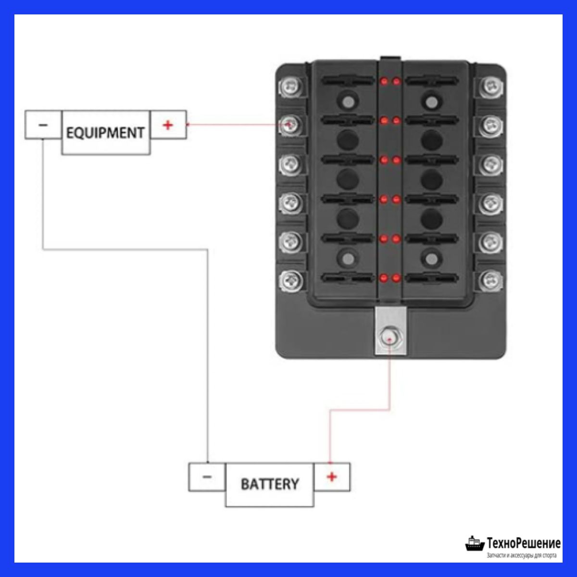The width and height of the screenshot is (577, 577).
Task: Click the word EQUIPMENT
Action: [x=105, y=132]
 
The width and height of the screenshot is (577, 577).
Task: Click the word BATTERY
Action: [x=269, y=484]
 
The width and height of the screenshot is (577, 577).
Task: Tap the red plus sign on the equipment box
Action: [x=168, y=125]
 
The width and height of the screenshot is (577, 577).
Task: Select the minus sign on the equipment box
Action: [x=43, y=125]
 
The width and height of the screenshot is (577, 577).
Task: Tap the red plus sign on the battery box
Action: [x=332, y=477]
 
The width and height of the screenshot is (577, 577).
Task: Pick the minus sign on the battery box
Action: [x=207, y=477]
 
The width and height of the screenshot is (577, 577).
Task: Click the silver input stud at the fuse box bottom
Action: [x=390, y=338]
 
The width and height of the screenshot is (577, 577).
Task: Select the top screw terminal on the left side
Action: [x=290, y=87]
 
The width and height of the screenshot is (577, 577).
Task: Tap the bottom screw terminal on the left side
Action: [x=290, y=279]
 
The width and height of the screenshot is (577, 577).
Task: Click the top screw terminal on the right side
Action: [x=490, y=87]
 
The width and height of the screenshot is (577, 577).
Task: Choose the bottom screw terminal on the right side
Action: [x=490, y=279]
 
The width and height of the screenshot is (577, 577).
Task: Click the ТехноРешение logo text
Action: [x=523, y=543]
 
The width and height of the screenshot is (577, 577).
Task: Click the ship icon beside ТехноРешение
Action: [x=474, y=543]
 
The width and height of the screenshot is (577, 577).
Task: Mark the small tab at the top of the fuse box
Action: [x=390, y=58]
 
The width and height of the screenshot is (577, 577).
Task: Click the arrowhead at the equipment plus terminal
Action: [x=188, y=125]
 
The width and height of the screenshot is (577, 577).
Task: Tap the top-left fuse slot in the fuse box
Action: [x=347, y=81]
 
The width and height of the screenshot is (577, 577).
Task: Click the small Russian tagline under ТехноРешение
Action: [x=522, y=556]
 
